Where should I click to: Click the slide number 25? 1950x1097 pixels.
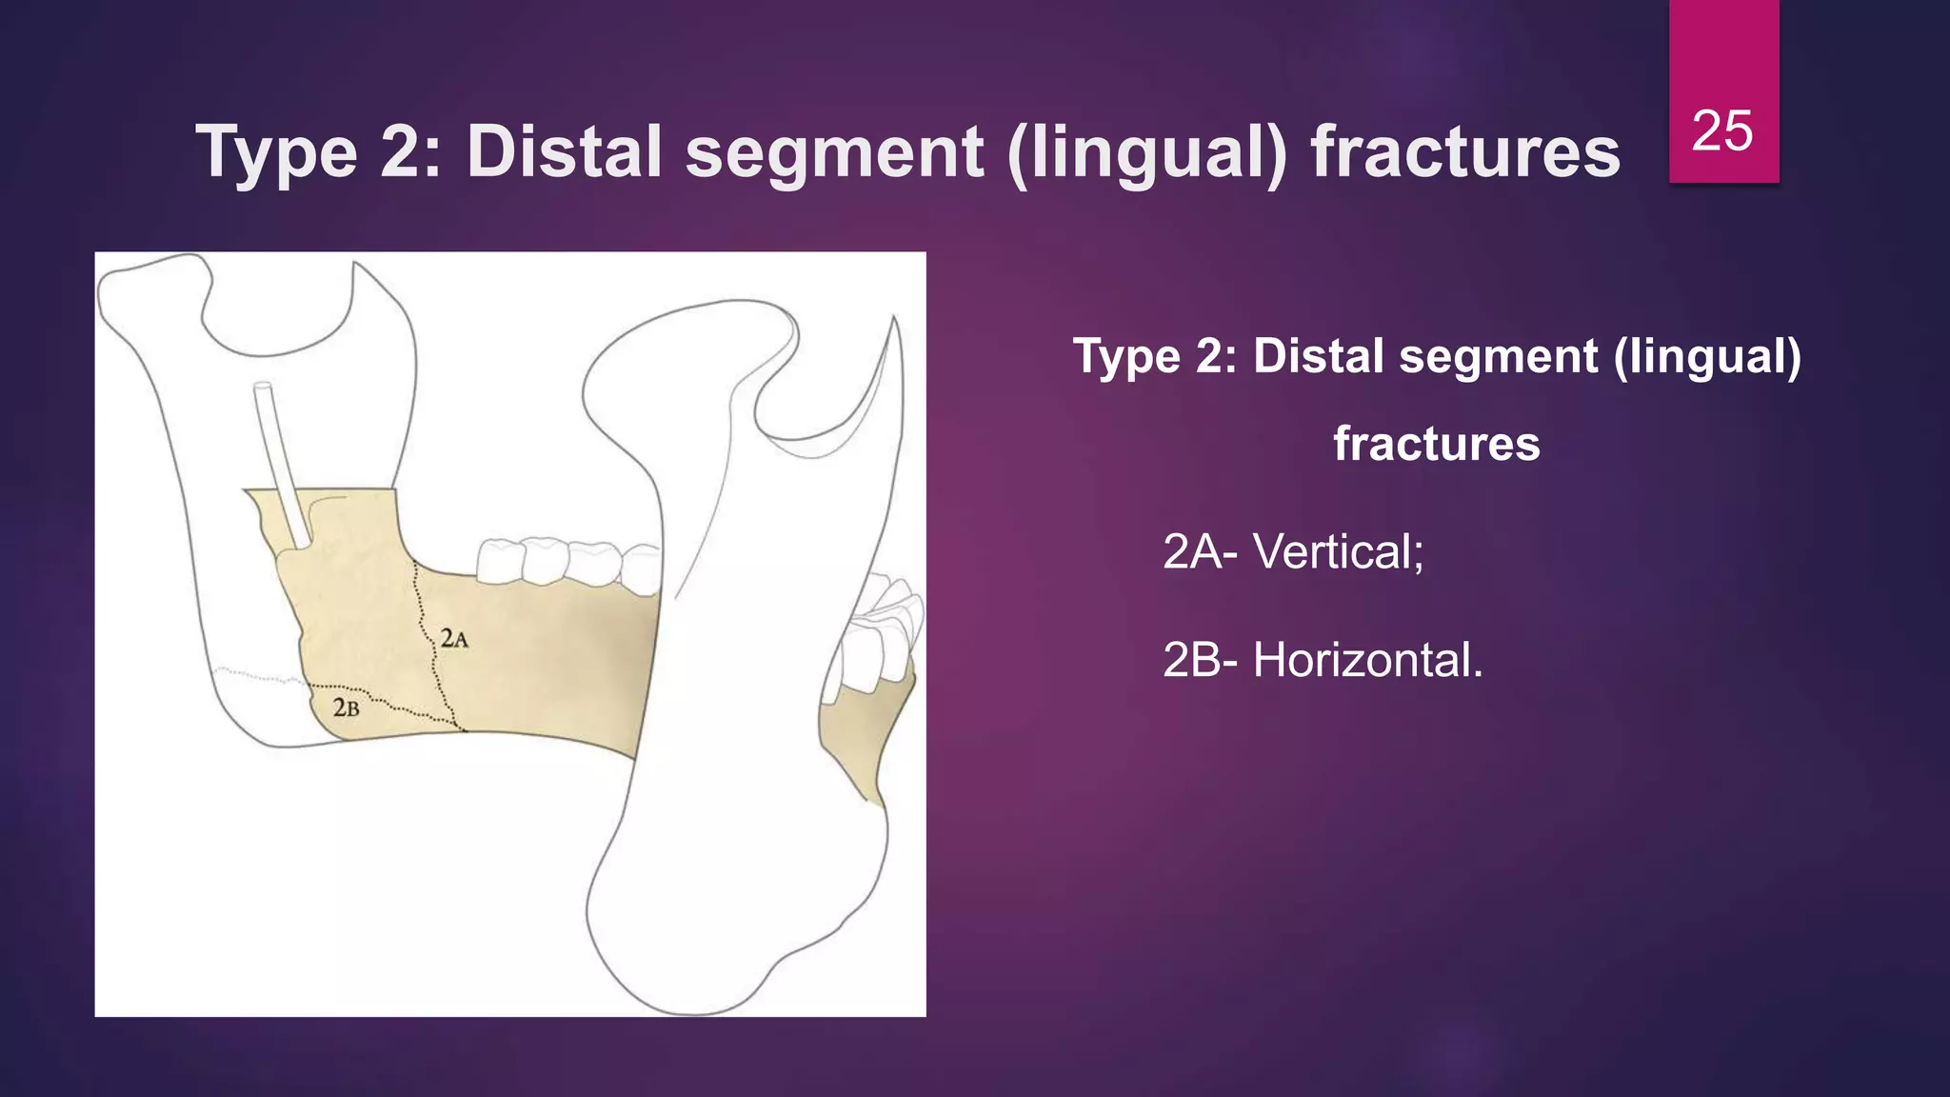1722,130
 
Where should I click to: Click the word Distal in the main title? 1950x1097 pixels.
564,152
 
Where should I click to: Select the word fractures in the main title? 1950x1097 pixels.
1464,152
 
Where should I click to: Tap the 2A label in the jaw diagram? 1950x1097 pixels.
454,639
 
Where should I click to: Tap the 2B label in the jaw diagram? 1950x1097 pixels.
347,708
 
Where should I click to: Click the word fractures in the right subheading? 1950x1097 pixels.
1436,444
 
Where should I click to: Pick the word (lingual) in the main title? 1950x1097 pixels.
1146,152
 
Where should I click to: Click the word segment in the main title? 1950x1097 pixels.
834,152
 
